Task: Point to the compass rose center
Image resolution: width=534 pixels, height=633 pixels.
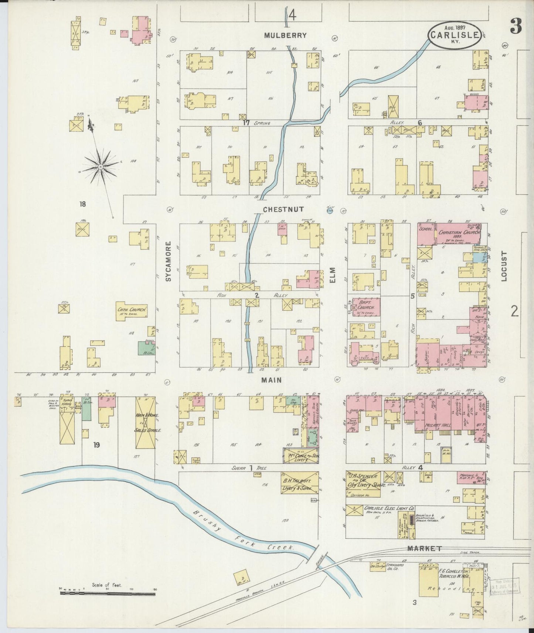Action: [x=100, y=167]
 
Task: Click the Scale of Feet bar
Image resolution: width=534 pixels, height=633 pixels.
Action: [x=108, y=593]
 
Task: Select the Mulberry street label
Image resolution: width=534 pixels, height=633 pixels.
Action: [x=285, y=36]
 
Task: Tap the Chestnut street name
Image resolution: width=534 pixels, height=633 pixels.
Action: [x=283, y=209]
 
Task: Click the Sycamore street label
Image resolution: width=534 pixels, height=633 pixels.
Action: [x=169, y=261]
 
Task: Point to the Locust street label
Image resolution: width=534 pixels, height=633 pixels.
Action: [x=504, y=267]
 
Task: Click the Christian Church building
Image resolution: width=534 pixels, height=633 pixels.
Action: [x=459, y=233]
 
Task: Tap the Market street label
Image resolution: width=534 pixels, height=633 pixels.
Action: [x=424, y=548]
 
